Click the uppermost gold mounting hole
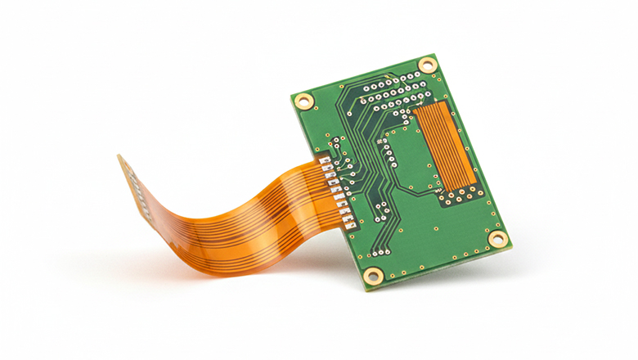(x=427, y=65)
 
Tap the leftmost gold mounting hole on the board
(x=303, y=101)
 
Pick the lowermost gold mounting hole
(x=372, y=275)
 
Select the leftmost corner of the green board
(x=291, y=97)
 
